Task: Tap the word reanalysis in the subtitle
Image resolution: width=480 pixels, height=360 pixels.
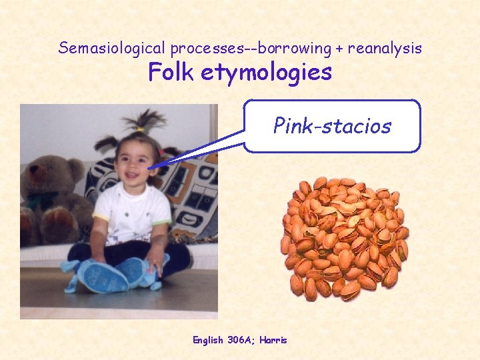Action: click(x=384, y=48)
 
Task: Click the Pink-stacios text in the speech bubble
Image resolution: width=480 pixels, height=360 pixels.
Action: click(x=332, y=125)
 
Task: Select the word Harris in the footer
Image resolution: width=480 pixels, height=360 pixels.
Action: click(x=273, y=340)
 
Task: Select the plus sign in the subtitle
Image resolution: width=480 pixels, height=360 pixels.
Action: click(x=340, y=48)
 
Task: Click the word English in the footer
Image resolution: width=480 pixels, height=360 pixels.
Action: click(x=208, y=340)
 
